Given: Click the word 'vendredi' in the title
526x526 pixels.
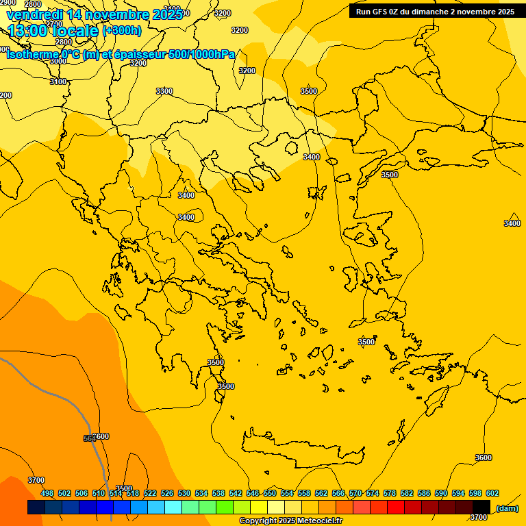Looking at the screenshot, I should point(35,14).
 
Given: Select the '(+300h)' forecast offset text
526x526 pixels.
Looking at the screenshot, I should point(122,30).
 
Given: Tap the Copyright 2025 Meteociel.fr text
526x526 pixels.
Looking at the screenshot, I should point(290,521).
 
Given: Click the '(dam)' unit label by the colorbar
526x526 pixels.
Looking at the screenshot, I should point(507,508).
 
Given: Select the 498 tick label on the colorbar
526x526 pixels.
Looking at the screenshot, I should point(47,493).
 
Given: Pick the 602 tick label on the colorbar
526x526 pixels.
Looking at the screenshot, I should point(492,493).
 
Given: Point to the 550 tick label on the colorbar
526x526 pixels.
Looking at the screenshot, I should point(270,493).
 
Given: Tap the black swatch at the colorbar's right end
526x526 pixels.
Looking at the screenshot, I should point(481,508).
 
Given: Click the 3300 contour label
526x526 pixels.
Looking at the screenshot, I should point(164,91).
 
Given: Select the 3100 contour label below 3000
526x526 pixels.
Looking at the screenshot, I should point(59,82).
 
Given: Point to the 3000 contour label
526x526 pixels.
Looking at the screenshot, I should point(58,61).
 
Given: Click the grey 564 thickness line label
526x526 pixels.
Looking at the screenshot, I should point(89,438).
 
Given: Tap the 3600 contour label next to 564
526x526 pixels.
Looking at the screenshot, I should point(101,436).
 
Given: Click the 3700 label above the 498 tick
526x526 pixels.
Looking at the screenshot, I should point(36,480).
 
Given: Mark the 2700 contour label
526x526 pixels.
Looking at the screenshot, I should point(54,24).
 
